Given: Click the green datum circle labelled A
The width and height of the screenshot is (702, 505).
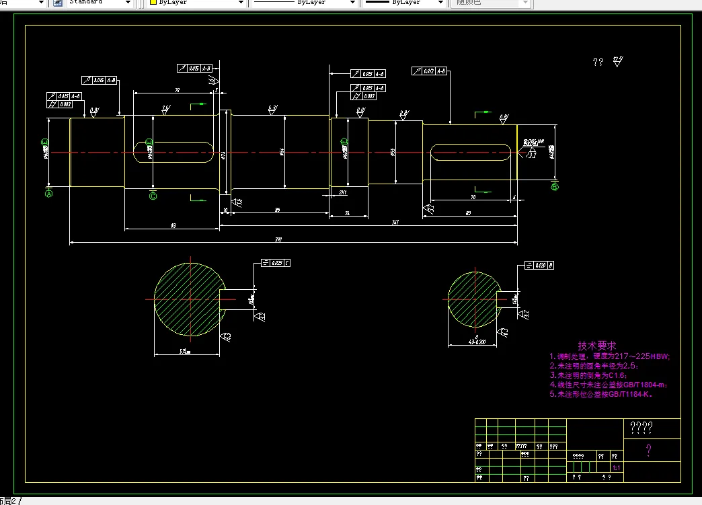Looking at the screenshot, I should click(x=48, y=194).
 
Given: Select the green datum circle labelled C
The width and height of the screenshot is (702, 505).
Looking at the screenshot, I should click(x=153, y=196).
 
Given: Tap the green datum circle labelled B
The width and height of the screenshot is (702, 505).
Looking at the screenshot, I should click(x=554, y=187).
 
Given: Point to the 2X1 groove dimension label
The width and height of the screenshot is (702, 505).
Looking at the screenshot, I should click(x=343, y=192).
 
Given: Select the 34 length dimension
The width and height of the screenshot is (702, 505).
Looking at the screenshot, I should click(x=347, y=212).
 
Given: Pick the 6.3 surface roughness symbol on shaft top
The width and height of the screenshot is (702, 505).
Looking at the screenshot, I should click(x=272, y=109).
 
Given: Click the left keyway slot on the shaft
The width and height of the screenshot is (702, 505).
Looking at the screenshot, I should click(x=174, y=152).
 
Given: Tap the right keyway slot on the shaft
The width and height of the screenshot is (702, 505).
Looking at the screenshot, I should click(x=469, y=152).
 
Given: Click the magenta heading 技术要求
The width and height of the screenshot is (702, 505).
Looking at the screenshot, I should click(x=596, y=345).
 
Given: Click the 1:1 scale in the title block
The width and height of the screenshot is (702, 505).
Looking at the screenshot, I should click(x=616, y=467).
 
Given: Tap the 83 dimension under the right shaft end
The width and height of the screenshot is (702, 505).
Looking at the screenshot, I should click(x=468, y=212).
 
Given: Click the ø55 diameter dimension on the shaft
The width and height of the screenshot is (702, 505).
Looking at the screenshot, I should click(x=393, y=152).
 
